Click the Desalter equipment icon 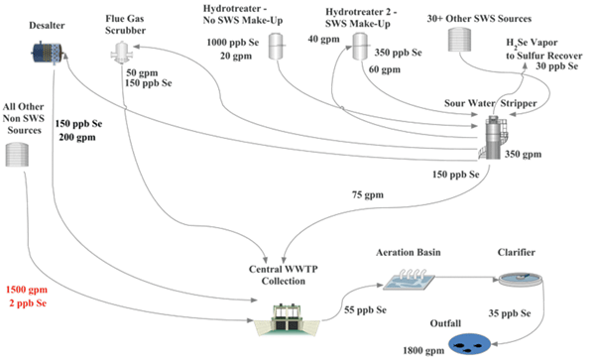tap(45, 51)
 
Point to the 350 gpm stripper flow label tap(532, 154)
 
